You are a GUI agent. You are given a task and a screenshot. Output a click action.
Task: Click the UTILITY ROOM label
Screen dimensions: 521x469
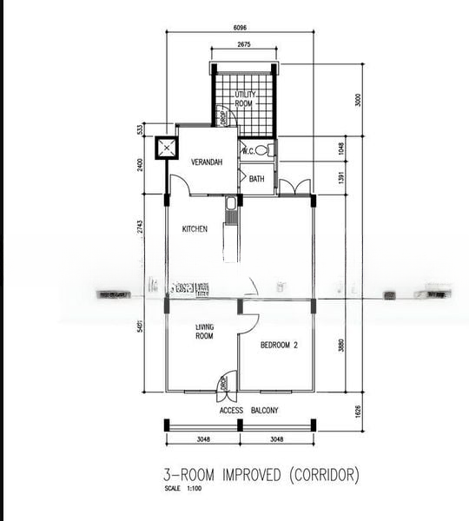tap(244, 98)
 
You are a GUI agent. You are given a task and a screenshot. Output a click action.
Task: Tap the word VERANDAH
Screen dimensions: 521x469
tap(207, 162)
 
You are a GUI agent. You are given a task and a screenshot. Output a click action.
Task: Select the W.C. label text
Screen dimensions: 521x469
tap(247, 150)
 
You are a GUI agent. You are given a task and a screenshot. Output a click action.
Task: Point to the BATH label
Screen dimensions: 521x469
tap(256, 179)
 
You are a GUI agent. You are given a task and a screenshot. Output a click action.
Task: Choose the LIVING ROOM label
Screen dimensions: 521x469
tap(203, 331)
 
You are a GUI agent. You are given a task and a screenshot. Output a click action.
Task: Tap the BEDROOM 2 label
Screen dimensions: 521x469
tap(279, 345)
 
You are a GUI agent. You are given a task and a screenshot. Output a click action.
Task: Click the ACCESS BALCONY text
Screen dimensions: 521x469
tap(248, 411)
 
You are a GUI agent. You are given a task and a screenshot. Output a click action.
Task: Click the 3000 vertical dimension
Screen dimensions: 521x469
tap(357, 100)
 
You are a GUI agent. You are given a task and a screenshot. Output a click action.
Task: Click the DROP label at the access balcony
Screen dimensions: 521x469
tap(222, 382)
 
